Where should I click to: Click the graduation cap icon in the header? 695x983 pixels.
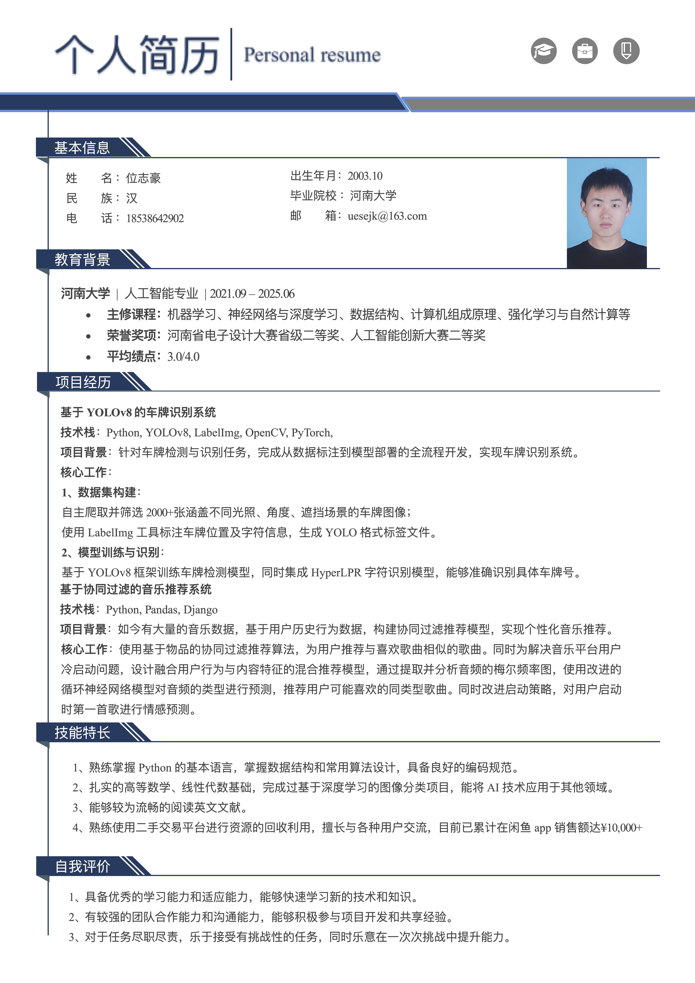pyautogui.click(x=543, y=51)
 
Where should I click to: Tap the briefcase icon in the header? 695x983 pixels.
pyautogui.click(x=585, y=51)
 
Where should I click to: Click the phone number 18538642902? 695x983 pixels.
pyautogui.click(x=155, y=218)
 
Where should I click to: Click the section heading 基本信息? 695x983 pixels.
pyautogui.click(x=82, y=148)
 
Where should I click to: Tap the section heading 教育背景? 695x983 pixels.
pyautogui.click(x=82, y=259)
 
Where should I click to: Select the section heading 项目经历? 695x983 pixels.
pyautogui.click(x=83, y=382)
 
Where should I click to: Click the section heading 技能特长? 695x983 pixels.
pyautogui.click(x=82, y=732)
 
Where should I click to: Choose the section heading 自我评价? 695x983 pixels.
pyautogui.click(x=83, y=866)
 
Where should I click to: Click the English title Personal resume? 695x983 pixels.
pyautogui.click(x=312, y=55)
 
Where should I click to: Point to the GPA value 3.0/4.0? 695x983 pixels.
pyautogui.click(x=183, y=357)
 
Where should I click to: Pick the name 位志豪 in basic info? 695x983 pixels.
pyautogui.click(x=143, y=178)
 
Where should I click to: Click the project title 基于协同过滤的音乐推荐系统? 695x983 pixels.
pyautogui.click(x=136, y=590)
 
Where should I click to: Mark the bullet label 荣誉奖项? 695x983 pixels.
pyautogui.click(x=131, y=335)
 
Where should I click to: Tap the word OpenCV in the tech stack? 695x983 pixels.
pyautogui.click(x=265, y=433)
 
